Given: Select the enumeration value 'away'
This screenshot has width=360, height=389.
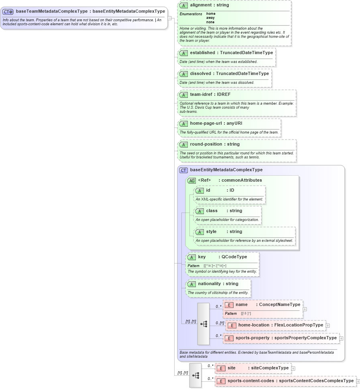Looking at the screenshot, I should coord(210,18).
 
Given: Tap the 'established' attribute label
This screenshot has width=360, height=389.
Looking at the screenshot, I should coord(202,53).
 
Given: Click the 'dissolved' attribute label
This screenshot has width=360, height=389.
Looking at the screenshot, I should coord(201,73).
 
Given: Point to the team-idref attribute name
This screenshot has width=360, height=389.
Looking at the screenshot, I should coord(201,94).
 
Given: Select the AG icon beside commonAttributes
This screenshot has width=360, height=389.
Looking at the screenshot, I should coord(191,180).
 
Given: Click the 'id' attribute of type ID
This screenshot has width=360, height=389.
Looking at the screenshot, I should coord(208,190).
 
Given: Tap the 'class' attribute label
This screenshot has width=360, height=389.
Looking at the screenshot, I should coord(212,211).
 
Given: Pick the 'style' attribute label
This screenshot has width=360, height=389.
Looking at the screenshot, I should coord(211,231).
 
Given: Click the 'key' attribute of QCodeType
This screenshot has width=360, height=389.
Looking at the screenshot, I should coord(202,257).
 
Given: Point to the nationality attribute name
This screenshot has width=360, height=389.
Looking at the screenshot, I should coord(209,284).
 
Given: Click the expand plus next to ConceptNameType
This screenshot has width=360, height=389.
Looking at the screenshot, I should coord(305,309).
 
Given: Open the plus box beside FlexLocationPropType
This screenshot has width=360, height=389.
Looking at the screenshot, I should coord(328,325).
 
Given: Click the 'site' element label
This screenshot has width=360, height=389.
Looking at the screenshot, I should coord(232,368).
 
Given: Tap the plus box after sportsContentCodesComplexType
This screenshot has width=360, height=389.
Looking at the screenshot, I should coord(358,381).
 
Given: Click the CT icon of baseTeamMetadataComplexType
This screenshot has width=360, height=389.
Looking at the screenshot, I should coord(8,12).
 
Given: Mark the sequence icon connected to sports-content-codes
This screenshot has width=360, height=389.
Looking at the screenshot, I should coord(195,375).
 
